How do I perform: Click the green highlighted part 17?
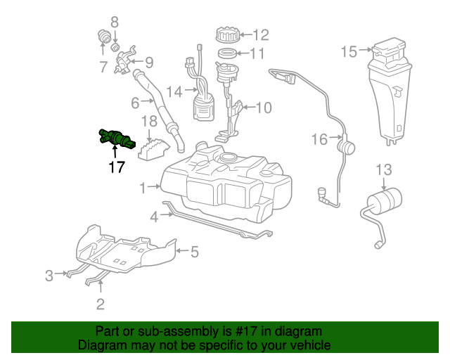[117, 138]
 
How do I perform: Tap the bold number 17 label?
[116, 167]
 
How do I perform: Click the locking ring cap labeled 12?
[228, 34]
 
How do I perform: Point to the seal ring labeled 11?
[229, 54]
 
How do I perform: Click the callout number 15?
[349, 51]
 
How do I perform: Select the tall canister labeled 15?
[389, 91]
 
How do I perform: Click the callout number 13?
[383, 169]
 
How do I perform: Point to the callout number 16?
[319, 140]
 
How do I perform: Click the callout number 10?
[263, 108]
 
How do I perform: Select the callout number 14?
[174, 91]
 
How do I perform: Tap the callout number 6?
[136, 103]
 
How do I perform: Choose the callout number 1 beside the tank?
[143, 188]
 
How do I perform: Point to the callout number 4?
[153, 217]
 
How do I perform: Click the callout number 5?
[195, 250]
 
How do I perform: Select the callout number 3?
[49, 276]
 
